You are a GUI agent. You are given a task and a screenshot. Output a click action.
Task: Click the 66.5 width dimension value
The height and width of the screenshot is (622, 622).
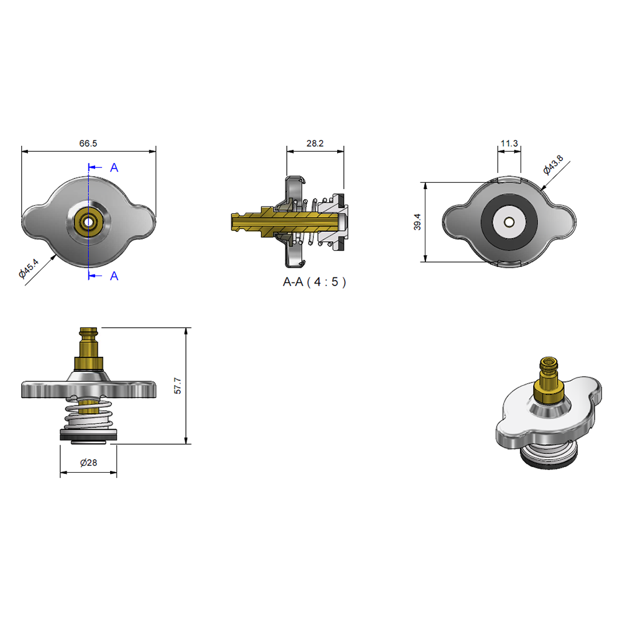[88, 143]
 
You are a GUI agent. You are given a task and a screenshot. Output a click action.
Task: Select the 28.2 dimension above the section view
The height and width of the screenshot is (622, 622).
[315, 143]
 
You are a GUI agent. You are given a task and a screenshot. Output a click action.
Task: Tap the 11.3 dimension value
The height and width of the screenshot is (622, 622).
[509, 143]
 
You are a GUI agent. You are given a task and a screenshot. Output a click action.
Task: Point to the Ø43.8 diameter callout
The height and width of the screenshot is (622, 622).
[554, 165]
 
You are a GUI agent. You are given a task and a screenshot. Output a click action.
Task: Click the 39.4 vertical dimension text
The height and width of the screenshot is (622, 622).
[417, 222]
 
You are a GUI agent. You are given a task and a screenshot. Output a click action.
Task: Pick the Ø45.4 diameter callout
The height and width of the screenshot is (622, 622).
[29, 268]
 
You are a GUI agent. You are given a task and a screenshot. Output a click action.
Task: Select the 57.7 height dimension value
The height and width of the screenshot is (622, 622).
[178, 386]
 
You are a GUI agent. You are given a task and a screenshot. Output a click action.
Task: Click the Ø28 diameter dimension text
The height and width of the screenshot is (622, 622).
[88, 463]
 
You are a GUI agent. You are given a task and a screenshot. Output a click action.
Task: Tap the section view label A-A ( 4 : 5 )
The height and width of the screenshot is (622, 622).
[314, 282]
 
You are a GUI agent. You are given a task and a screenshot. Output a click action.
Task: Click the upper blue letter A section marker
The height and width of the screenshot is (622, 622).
[114, 168]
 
